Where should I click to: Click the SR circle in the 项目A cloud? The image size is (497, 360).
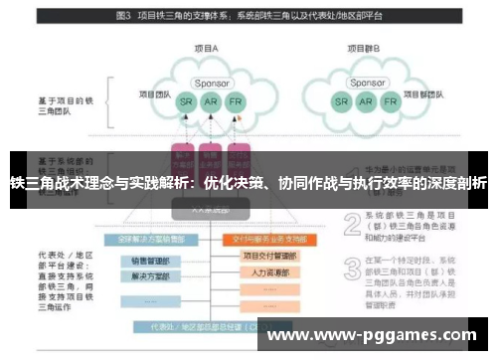(186, 102)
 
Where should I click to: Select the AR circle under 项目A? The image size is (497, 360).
(210, 102)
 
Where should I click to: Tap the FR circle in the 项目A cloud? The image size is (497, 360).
(235, 102)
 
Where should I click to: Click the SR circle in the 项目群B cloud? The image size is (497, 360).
(341, 102)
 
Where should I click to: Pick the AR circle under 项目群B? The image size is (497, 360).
(366, 102)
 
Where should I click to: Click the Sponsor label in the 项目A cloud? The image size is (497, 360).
(211, 83)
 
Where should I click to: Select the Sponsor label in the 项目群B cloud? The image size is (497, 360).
(367, 83)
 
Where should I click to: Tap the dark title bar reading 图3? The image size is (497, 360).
(248, 17)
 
